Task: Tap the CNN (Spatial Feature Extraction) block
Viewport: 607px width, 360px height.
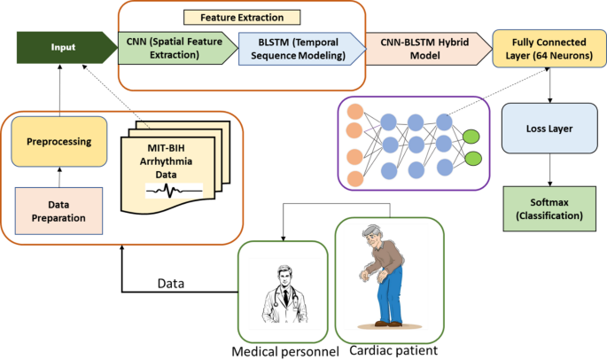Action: [x=175, y=45]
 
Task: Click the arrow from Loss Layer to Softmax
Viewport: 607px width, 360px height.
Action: [x=550, y=168]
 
